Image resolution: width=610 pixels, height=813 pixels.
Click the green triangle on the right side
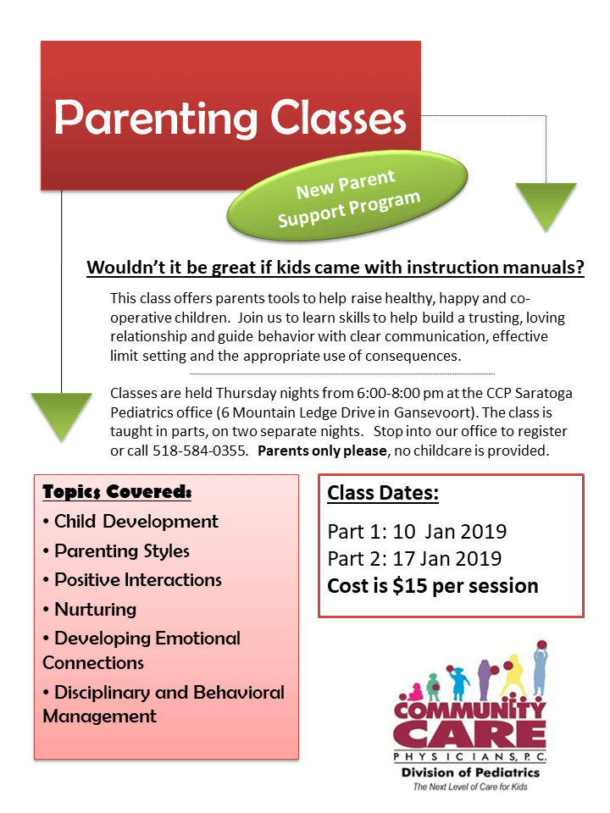546,206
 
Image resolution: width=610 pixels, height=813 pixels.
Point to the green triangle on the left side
61,415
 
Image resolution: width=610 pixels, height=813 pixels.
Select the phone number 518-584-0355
201,451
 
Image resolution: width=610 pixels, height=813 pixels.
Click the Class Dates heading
383,493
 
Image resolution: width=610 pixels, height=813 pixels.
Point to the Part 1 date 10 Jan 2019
441,532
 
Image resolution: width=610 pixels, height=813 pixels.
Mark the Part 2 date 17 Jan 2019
441,559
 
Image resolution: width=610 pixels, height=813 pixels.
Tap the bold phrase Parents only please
321,451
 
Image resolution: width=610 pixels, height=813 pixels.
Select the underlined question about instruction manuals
335,268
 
